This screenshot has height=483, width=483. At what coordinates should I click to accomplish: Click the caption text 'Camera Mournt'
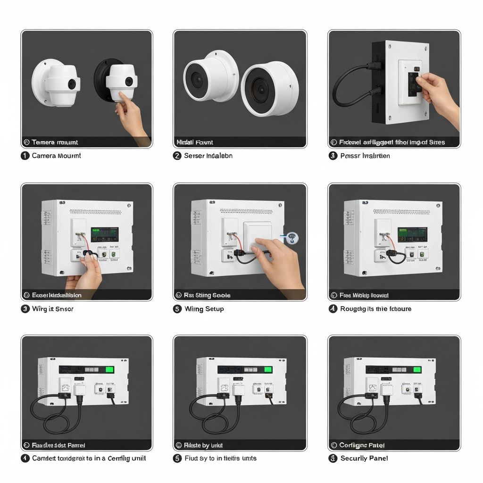tap(56, 156)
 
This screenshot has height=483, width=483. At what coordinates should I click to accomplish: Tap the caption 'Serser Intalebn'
tap(208, 156)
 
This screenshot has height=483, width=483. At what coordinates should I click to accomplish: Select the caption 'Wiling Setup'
tap(204, 309)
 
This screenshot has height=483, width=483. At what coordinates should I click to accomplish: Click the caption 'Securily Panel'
tap(365, 458)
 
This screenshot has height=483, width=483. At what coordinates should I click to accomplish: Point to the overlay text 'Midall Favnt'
tap(194, 142)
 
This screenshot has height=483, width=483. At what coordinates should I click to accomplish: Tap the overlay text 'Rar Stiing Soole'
tap(207, 295)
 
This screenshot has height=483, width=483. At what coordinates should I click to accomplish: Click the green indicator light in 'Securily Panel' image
tap(417, 369)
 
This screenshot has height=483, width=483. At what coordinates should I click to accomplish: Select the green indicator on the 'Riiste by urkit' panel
tap(268, 369)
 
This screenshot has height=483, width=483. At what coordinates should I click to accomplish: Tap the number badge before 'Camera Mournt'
tap(25, 156)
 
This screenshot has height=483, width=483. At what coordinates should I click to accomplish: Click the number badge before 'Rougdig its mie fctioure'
tap(333, 309)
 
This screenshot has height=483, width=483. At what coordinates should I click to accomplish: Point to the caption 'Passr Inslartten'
tap(365, 156)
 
